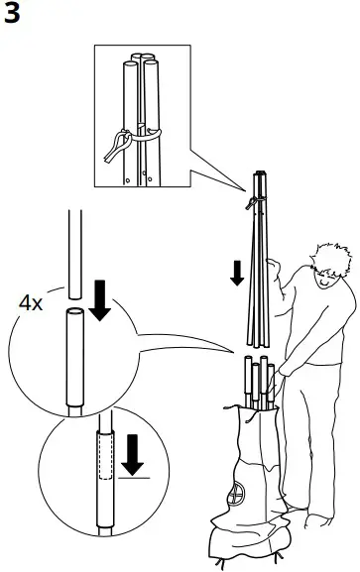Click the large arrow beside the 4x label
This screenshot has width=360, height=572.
pyautogui.click(x=99, y=301)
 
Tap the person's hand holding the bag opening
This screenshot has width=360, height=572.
pyautogui.click(x=285, y=374)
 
